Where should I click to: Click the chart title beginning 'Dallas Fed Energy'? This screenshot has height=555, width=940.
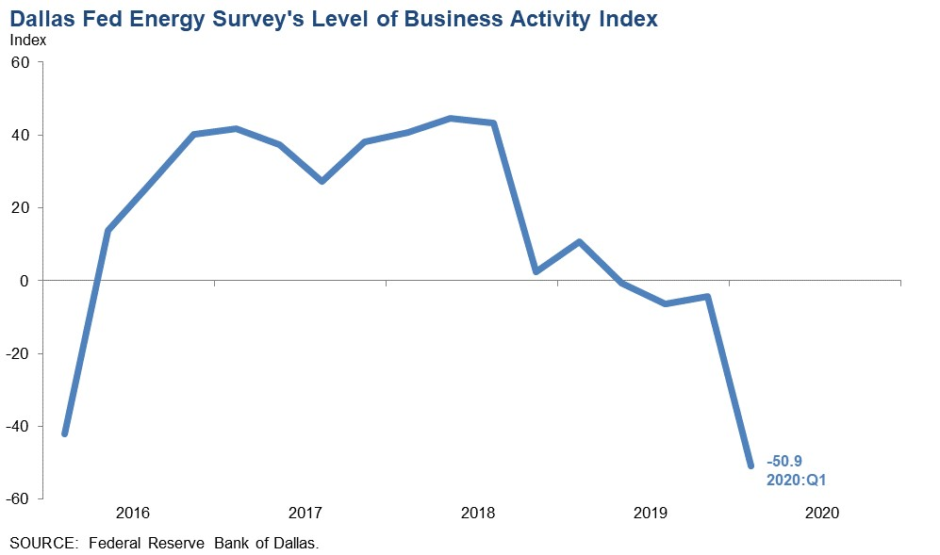[334, 18]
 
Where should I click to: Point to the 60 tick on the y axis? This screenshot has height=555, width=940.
[21, 62]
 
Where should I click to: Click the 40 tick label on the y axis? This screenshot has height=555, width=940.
[21, 136]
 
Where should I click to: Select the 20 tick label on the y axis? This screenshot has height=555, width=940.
[21, 208]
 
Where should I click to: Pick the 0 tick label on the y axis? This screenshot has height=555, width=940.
[25, 281]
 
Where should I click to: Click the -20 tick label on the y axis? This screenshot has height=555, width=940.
[18, 353]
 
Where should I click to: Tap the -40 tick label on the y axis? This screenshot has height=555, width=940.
[18, 426]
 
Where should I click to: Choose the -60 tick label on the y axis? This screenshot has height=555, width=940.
[18, 498]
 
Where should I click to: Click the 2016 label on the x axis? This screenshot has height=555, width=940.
[133, 514]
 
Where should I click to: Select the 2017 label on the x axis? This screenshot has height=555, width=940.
[305, 514]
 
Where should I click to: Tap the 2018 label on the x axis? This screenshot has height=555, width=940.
[478, 514]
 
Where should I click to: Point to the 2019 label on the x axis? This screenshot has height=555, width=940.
[651, 514]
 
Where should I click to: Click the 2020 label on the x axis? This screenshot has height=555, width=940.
[822, 514]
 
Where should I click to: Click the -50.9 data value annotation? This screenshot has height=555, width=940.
[784, 463]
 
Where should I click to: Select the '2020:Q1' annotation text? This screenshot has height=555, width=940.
[797, 481]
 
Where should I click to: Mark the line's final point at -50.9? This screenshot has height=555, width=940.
[750, 465]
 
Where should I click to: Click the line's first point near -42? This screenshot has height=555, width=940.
[64, 433]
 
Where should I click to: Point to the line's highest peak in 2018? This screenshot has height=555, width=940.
[451, 119]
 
